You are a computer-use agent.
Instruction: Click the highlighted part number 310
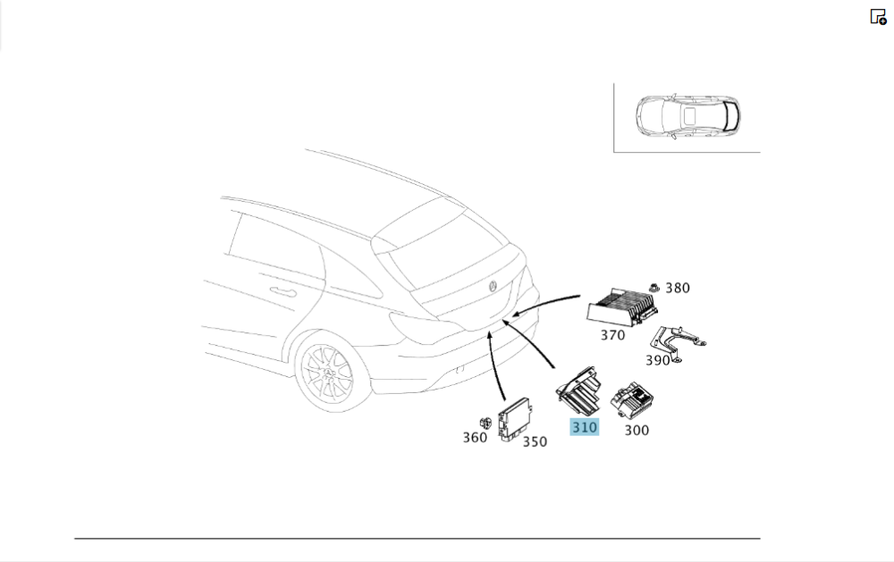585,427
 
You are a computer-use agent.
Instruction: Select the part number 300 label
637,431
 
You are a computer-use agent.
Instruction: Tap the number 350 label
535,441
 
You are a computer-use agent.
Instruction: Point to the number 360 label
475,437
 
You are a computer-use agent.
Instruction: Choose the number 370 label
612,335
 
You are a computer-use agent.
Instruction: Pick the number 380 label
678,288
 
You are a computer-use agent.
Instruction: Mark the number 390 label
657,360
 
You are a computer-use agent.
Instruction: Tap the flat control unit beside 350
515,419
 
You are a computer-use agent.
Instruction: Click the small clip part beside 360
485,423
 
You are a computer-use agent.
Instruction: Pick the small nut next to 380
654,288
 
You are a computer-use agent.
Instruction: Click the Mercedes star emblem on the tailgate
493,286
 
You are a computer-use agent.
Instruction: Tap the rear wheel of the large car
325,371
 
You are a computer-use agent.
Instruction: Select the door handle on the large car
283,292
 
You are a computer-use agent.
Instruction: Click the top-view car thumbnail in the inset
688,117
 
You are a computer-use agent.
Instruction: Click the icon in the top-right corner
878,17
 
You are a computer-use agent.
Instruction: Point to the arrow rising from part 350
495,365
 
